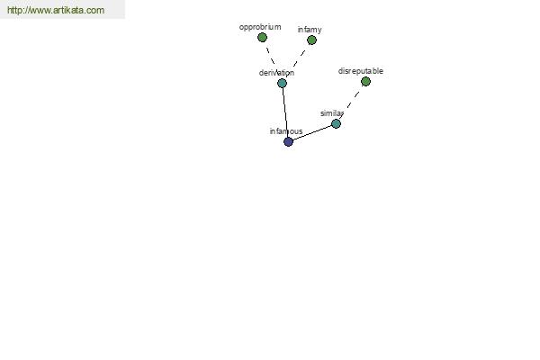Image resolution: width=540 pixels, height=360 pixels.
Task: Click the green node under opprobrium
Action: (x=262, y=37)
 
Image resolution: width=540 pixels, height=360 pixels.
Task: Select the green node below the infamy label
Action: (x=311, y=40)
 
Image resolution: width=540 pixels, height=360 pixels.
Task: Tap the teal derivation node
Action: (x=282, y=83)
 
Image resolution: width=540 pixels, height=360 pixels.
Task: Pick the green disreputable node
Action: (x=365, y=81)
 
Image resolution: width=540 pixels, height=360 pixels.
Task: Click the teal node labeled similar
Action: (x=336, y=123)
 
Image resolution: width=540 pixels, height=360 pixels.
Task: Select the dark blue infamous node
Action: (x=288, y=141)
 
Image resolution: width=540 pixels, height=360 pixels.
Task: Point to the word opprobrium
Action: (x=260, y=27)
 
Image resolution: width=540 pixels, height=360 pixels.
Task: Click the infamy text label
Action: (x=310, y=30)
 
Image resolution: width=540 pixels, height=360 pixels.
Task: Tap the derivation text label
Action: (x=276, y=73)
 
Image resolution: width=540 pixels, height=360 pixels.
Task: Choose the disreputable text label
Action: (x=361, y=71)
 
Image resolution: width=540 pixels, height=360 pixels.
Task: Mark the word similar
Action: (x=332, y=113)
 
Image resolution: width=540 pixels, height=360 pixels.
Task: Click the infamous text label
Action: (x=286, y=131)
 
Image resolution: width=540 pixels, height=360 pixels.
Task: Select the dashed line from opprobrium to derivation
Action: (x=271, y=56)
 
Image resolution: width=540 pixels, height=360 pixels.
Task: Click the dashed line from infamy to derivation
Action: (x=299, y=58)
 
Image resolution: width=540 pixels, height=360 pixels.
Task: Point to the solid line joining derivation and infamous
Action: (x=285, y=112)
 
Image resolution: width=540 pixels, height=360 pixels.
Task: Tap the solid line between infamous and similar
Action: (x=312, y=132)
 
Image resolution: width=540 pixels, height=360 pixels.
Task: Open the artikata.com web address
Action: (x=56, y=10)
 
